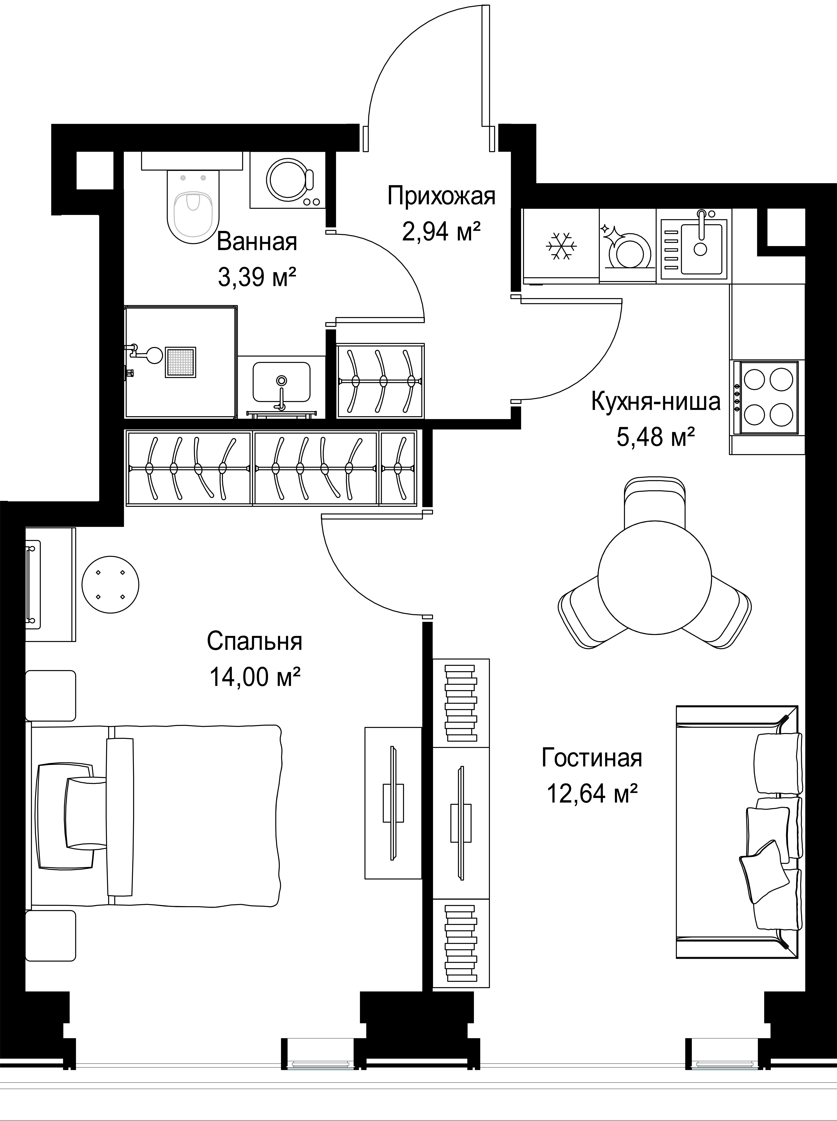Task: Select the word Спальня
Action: pos(254,641)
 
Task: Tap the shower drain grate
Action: pos(180,362)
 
